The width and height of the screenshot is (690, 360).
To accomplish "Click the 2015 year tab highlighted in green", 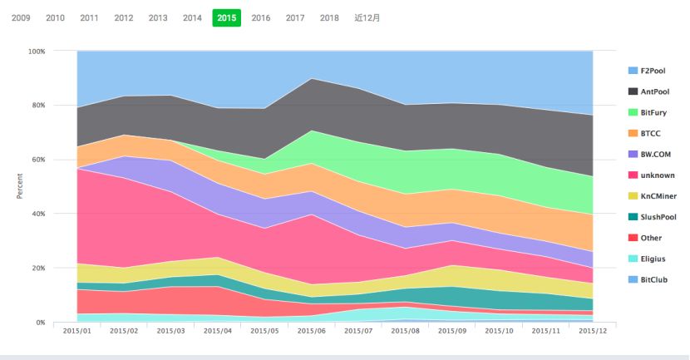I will coord(227,17).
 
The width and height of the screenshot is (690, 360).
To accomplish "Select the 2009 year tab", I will coord(21,17).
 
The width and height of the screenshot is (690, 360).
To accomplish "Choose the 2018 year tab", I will coord(329,17).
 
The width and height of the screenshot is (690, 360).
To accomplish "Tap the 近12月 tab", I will coord(367,17).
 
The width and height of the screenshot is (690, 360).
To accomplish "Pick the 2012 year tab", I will coord(123,17).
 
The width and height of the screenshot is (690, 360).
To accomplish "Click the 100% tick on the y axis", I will coord(37,52).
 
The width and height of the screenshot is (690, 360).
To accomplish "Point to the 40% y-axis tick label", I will coord(38,214).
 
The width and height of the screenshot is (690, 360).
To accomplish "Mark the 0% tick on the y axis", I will coord(41,323).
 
